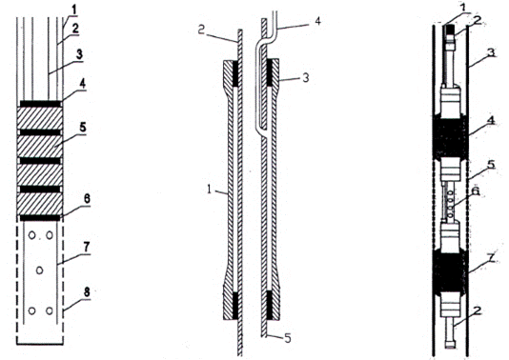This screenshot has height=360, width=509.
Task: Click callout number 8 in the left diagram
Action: tap(87, 292)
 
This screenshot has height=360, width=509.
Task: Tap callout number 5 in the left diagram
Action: tap(83, 128)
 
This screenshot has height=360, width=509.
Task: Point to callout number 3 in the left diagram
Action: tap(78, 55)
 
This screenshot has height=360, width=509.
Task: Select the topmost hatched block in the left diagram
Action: tap(40, 118)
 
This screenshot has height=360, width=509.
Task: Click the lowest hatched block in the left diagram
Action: tap(40, 204)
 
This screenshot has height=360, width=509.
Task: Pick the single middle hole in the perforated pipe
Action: tap(40, 270)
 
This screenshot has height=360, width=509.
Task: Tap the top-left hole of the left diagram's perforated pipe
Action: tap(31, 235)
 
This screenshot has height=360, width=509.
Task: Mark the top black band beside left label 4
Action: tap(40, 104)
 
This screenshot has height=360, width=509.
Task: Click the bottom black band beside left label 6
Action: tap(40, 218)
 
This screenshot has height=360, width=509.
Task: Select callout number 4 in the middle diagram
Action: tap(317, 21)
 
